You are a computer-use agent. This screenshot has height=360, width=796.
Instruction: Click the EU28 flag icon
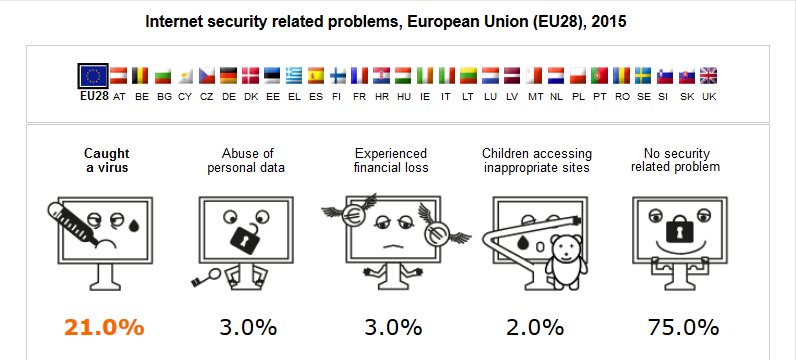94,76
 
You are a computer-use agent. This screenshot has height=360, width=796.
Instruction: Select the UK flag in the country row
708,76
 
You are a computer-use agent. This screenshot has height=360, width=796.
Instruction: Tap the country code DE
228,97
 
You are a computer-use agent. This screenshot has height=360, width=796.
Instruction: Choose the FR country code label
359,97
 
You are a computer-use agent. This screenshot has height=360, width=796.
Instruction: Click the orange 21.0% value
104,327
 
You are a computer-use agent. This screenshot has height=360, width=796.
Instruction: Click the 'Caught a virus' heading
106,160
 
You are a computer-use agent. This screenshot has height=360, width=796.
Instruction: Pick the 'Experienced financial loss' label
392,160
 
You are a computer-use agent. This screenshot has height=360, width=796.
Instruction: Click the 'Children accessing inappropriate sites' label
537,160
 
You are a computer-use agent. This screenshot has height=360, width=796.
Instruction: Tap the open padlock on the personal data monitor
245,239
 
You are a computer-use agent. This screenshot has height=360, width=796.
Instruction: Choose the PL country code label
577,97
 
